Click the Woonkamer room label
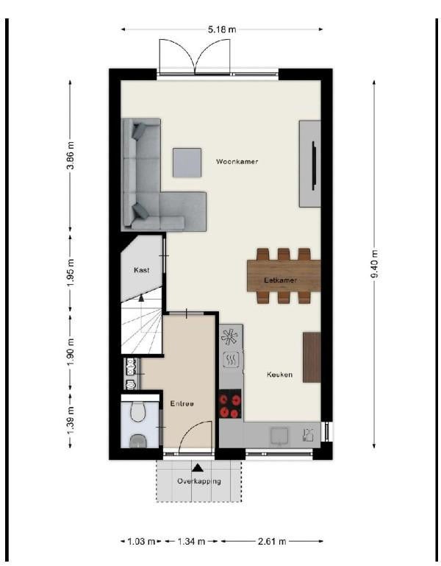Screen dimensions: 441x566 pyautogui.click(x=237, y=161)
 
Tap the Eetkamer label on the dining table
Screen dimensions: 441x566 pyautogui.click(x=280, y=280)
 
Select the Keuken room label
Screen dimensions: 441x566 pyautogui.click(x=279, y=375)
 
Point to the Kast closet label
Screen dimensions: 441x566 pyautogui.click(x=141, y=270)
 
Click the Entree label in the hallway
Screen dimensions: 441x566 pyautogui.click(x=182, y=403)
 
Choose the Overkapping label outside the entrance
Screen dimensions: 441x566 pyautogui.click(x=199, y=481)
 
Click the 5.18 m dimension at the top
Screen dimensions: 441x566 pyautogui.click(x=222, y=29)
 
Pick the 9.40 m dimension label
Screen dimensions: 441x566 pyautogui.click(x=374, y=264)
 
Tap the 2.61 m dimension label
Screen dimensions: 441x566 pyautogui.click(x=272, y=542)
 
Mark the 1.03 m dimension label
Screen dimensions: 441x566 pyautogui.click(x=141, y=542)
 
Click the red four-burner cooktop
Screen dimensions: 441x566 pyautogui.click(x=230, y=403)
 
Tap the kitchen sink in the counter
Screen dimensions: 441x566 pyautogui.click(x=279, y=436)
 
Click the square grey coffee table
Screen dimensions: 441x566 pyautogui.click(x=187, y=163)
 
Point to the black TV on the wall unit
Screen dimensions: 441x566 pyautogui.click(x=314, y=166)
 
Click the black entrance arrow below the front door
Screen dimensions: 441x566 pyautogui.click(x=197, y=468)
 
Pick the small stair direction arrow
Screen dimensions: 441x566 pyautogui.click(x=141, y=298)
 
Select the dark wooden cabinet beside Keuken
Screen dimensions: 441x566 pyautogui.click(x=312, y=358)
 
